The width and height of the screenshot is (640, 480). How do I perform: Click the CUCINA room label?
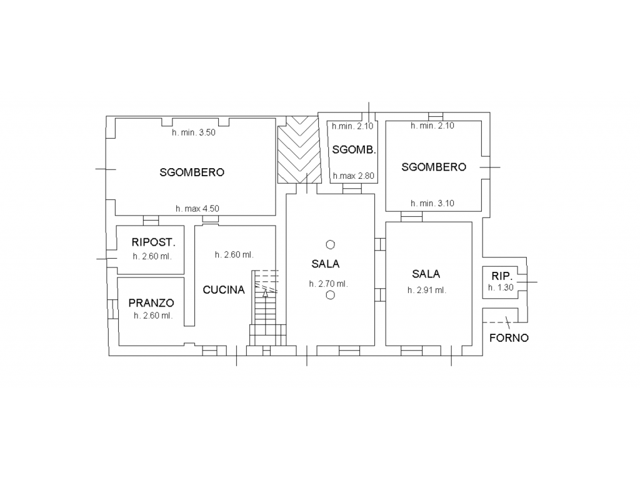(224, 290)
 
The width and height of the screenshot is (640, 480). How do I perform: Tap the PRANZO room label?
(151, 303)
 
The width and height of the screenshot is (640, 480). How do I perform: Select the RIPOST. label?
(154, 242)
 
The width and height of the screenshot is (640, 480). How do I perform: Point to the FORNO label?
(509, 338)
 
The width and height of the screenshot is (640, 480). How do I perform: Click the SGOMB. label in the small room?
(354, 150)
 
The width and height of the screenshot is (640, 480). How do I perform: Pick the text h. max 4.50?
(197, 209)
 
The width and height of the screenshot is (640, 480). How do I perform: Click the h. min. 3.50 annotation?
(194, 132)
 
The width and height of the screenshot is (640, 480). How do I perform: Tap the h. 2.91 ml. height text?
(427, 290)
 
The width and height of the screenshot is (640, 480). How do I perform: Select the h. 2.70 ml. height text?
(329, 284)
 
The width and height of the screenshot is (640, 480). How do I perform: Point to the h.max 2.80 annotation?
(354, 176)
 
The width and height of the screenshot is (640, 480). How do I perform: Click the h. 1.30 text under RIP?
(501, 287)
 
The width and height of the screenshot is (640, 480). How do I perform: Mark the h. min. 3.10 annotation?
(432, 203)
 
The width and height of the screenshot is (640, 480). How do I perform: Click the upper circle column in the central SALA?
(330, 244)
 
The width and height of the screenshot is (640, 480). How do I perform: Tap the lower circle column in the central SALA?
(330, 295)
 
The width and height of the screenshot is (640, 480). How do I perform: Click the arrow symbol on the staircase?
(265, 293)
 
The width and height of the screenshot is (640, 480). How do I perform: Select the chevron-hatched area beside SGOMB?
(299, 150)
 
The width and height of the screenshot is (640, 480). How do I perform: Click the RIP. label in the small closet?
(502, 276)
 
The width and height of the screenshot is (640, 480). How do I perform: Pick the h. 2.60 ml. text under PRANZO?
(153, 316)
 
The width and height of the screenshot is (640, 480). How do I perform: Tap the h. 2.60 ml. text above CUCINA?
(234, 255)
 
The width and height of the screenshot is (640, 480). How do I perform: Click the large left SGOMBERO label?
(192, 172)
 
